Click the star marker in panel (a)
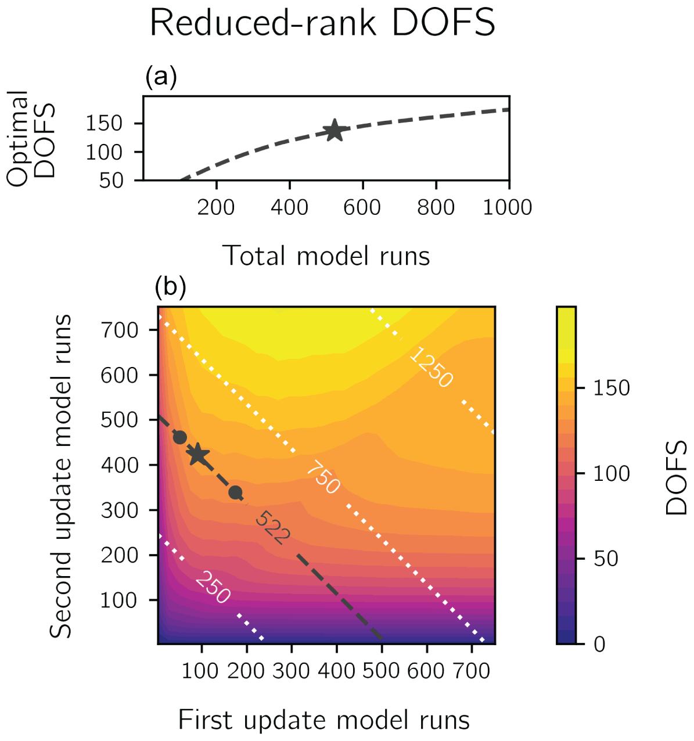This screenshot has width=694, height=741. (x=334, y=130)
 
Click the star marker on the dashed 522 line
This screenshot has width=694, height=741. (x=198, y=455)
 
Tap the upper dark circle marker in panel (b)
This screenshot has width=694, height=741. (x=180, y=437)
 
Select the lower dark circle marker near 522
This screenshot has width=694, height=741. (x=235, y=493)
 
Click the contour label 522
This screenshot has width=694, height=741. (x=272, y=527)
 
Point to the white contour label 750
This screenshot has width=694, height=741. (x=323, y=477)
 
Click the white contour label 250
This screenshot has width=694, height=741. (x=213, y=587)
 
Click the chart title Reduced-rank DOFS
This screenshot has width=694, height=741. (x=322, y=23)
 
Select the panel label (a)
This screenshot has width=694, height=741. (x=161, y=77)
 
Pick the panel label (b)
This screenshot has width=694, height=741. (x=170, y=286)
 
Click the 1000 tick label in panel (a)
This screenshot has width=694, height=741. (x=508, y=207)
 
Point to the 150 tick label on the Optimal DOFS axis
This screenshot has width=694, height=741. (x=104, y=123)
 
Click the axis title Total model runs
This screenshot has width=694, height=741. (x=326, y=256)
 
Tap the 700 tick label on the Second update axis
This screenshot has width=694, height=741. (x=120, y=330)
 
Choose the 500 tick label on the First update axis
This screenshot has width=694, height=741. (x=381, y=671)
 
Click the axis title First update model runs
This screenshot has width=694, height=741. (x=323, y=720)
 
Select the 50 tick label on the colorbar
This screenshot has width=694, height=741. (x=606, y=559)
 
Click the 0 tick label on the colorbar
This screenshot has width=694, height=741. (x=599, y=643)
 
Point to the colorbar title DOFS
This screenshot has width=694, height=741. (x=676, y=477)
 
